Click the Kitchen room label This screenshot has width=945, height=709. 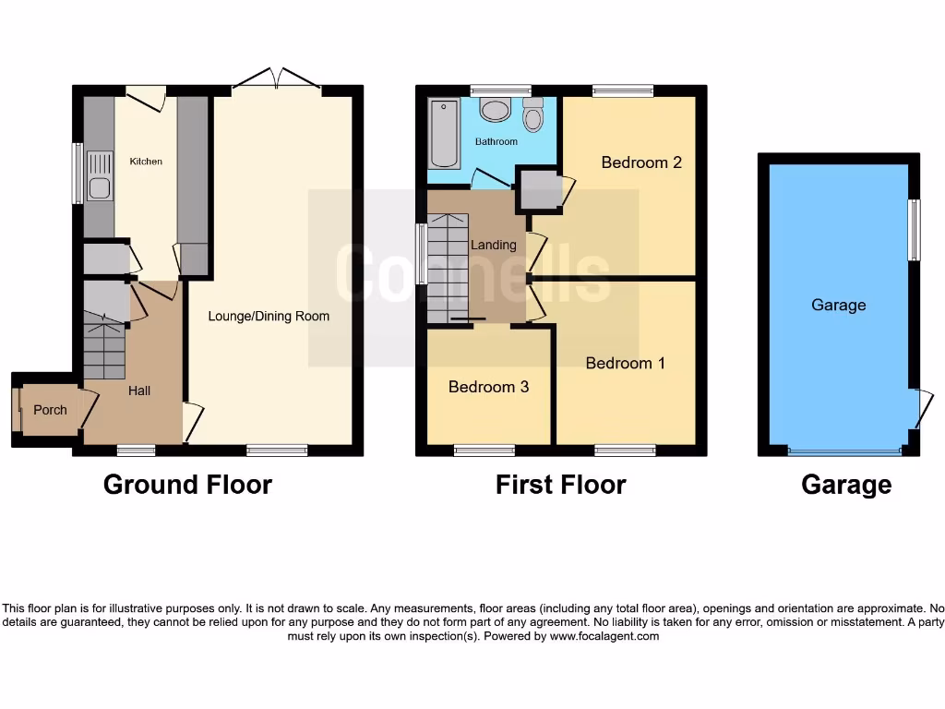(146, 162)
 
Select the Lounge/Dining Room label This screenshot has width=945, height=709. (269, 316)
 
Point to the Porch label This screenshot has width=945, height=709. (50, 410)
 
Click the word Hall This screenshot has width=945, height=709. (139, 391)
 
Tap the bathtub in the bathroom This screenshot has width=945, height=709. (445, 134)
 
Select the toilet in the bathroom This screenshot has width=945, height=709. (532, 117)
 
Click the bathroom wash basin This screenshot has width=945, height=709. (496, 111)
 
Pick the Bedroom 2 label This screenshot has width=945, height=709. (641, 162)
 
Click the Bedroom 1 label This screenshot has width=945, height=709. (626, 363)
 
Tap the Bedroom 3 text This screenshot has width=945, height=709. (488, 387)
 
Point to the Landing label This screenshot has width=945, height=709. (494, 245)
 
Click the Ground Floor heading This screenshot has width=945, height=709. (187, 485)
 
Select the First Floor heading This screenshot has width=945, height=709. (560, 485)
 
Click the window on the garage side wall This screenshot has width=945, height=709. (914, 230)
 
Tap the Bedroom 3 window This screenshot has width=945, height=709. (484, 451)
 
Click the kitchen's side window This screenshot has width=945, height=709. (78, 173)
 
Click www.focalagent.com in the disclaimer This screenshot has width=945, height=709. (604, 636)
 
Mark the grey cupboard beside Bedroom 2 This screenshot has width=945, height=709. (540, 189)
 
